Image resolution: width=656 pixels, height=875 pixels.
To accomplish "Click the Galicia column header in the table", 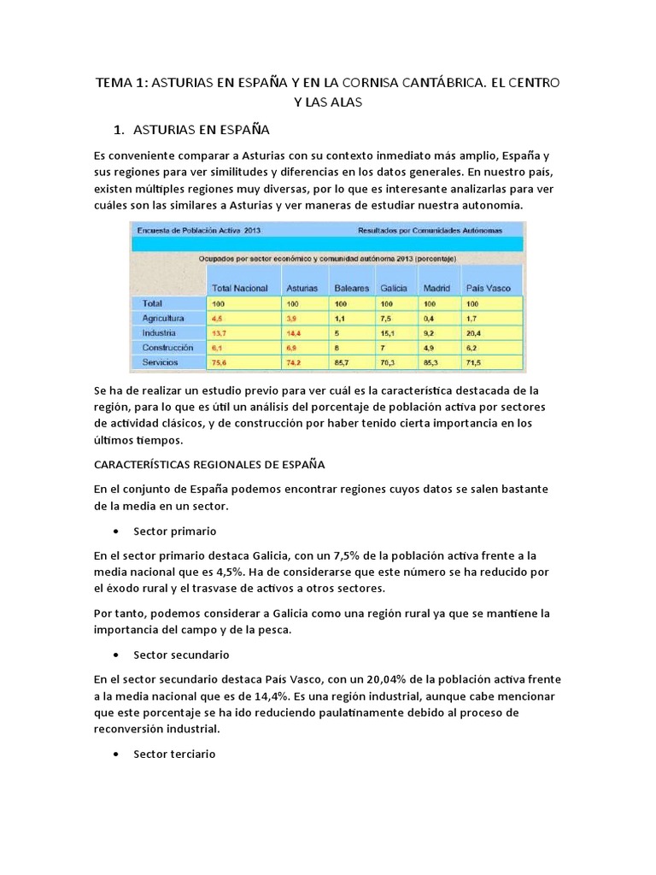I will [392, 289].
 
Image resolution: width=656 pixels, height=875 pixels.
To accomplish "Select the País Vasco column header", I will [483, 289].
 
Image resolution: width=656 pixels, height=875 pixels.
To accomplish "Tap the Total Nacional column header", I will [240, 289].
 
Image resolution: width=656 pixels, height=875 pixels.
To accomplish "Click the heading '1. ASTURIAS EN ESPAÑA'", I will [191, 131].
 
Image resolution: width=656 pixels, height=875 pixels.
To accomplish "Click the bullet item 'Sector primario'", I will [169, 531].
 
